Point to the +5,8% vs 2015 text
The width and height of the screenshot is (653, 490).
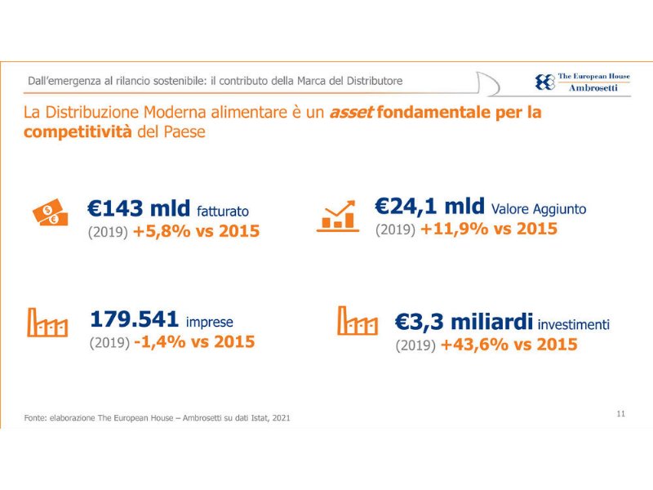[x=196, y=232]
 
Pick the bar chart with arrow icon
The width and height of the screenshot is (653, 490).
[x=338, y=215]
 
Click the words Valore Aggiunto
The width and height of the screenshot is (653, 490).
[x=539, y=209]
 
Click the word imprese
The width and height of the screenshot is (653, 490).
[x=210, y=322]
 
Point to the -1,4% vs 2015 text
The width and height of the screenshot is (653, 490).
[x=193, y=342]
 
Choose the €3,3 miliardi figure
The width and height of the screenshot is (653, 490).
[x=464, y=322]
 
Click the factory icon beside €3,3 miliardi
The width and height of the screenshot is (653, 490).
[x=358, y=321]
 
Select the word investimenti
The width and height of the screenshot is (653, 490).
[x=573, y=324]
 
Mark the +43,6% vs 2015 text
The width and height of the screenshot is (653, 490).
[x=509, y=345]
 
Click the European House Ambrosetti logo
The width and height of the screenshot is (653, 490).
[x=582, y=82]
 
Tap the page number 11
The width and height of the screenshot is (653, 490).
[x=621, y=414]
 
